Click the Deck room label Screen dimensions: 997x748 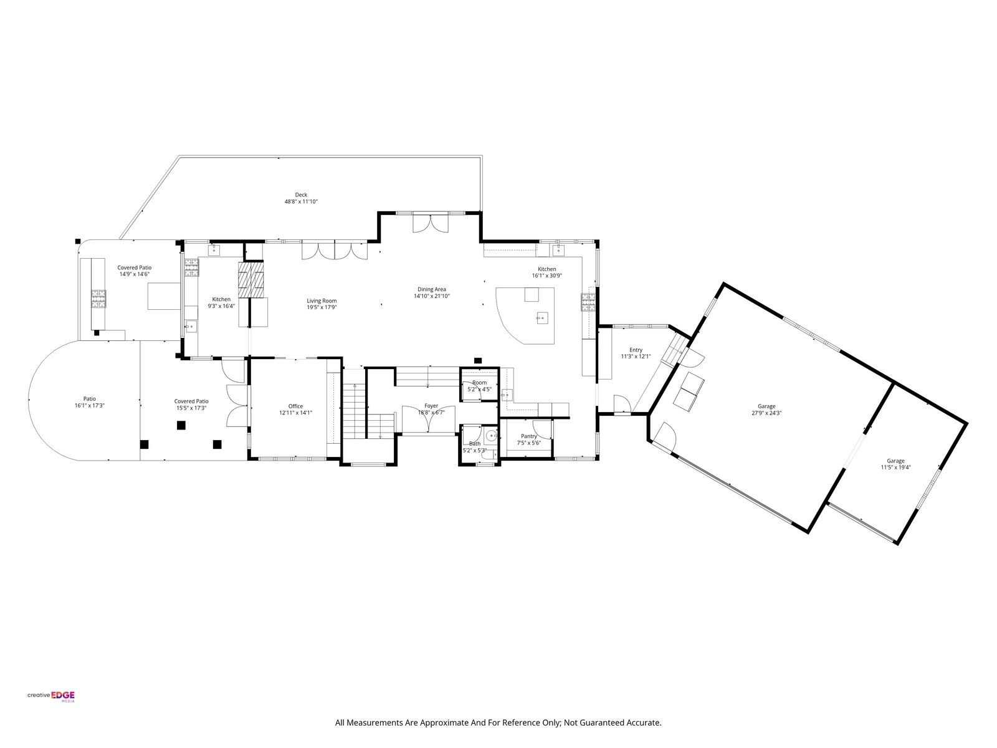(x=301, y=195)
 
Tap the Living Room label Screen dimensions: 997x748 (x=322, y=300)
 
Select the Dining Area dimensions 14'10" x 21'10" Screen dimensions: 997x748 (x=431, y=296)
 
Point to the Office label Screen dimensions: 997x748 (x=295, y=406)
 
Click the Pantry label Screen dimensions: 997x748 (x=528, y=436)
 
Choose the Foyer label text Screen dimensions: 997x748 (x=431, y=406)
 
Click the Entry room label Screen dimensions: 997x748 (x=636, y=350)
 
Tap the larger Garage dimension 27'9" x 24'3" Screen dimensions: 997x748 (x=766, y=413)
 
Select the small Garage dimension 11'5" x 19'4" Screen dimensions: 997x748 (x=895, y=467)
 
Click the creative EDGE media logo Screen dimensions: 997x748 (x=51, y=695)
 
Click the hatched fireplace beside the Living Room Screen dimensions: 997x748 (x=250, y=279)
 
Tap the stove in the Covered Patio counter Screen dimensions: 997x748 (x=99, y=299)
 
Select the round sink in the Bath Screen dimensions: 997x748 (x=491, y=437)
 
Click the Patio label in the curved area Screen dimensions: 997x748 (x=90, y=399)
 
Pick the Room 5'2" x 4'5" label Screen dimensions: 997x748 (x=479, y=386)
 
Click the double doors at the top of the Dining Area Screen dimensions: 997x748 (x=430, y=223)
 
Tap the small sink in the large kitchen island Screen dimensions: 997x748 (x=542, y=318)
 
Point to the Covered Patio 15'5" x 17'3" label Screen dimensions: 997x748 (x=191, y=405)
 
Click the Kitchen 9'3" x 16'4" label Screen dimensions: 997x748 (x=221, y=302)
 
